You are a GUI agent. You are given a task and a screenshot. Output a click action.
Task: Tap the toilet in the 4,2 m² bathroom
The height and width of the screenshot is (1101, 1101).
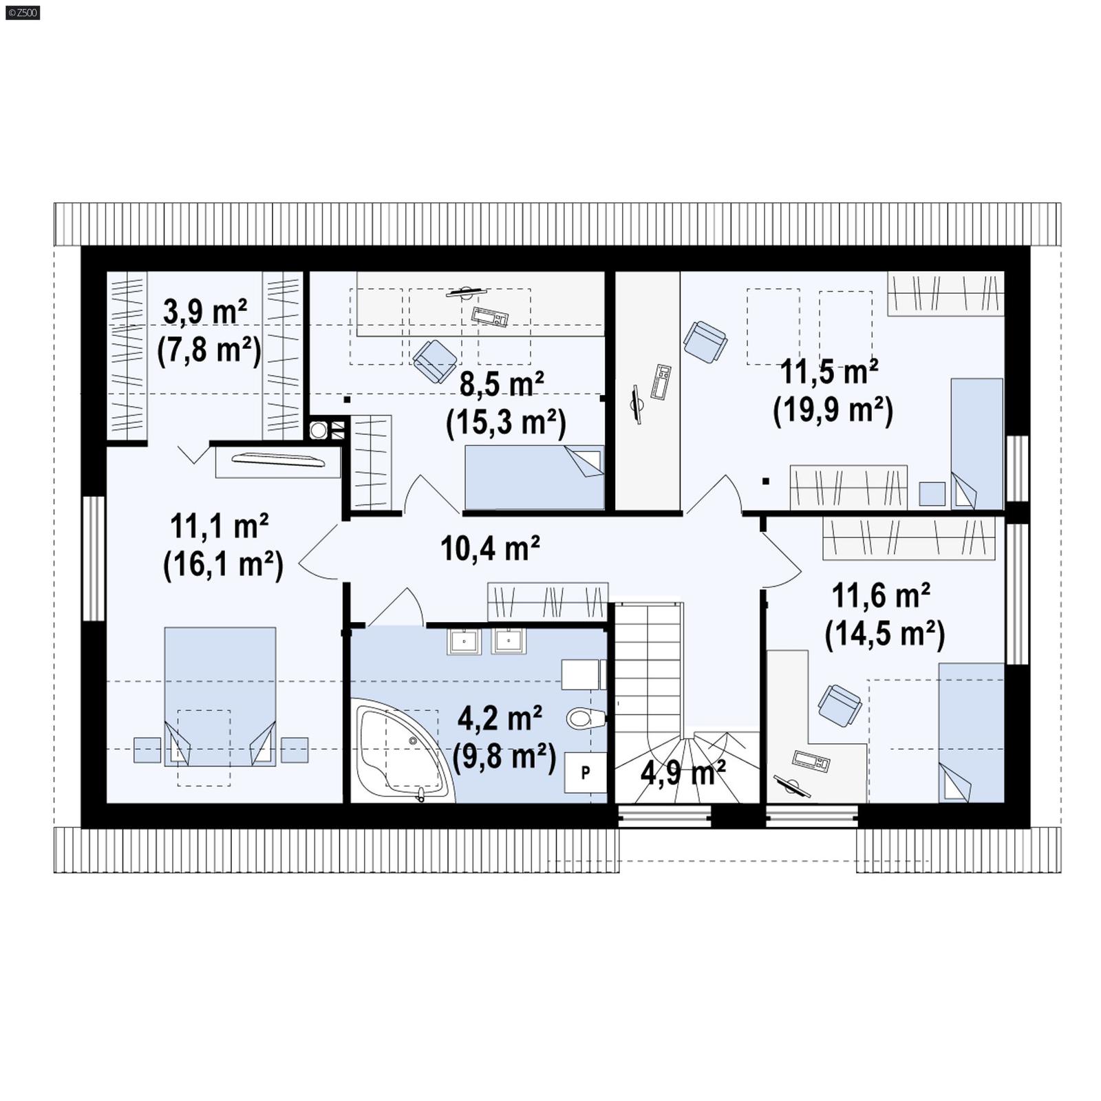[x=585, y=719]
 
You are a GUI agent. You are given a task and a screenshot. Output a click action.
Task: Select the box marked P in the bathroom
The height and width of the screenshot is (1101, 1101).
[x=586, y=773]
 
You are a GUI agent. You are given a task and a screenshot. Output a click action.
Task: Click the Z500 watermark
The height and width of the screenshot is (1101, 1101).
[x=22, y=12]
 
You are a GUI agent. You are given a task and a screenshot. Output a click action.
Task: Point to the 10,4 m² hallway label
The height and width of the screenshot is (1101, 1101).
[x=489, y=549]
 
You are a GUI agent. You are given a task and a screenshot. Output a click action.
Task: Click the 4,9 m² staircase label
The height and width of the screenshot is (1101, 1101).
[x=683, y=773]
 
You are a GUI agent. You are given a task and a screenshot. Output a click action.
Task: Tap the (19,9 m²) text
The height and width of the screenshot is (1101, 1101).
[x=833, y=411]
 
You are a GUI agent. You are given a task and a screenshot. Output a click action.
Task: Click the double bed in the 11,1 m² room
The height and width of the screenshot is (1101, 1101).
[x=220, y=695]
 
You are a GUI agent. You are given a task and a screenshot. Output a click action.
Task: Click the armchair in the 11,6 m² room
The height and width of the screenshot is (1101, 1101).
[x=840, y=705]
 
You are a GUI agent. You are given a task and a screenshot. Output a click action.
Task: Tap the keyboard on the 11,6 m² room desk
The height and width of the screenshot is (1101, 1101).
[x=811, y=760]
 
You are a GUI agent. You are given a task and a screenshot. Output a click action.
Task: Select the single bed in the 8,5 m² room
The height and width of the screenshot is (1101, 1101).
[x=533, y=477]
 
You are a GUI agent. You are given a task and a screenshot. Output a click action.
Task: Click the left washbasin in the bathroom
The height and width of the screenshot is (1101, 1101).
[x=464, y=641]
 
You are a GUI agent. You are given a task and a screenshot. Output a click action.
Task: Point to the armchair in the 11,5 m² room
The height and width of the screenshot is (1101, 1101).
[x=705, y=341]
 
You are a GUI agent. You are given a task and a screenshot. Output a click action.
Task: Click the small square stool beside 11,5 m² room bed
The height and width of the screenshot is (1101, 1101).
[x=932, y=493]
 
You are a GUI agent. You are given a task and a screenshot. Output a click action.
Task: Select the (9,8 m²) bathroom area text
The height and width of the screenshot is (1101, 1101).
[x=504, y=757]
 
